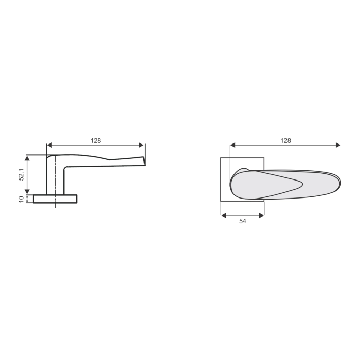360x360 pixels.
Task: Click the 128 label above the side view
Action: point(96,140)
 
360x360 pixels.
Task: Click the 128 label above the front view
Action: point(286,140)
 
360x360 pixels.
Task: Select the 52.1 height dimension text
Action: point(21,174)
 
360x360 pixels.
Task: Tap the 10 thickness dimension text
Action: point(21,199)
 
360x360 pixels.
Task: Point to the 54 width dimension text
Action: point(243,221)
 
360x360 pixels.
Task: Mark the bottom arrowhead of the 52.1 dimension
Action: point(28,192)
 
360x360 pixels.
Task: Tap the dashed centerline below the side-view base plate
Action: point(55,206)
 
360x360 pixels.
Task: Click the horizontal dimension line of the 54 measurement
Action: point(243,215)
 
